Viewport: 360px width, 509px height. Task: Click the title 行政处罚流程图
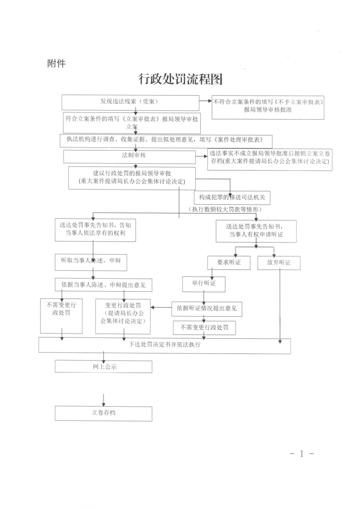pyautogui.click(x=181, y=79)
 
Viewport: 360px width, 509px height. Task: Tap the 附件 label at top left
pyautogui.click(x=56, y=64)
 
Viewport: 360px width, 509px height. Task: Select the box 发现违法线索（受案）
pyautogui.click(x=130, y=103)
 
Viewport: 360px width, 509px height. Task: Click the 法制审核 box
pyautogui.click(x=129, y=157)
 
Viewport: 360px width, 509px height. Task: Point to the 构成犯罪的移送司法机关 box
pyautogui.click(x=232, y=198)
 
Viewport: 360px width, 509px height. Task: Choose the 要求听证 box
pyautogui.click(x=229, y=263)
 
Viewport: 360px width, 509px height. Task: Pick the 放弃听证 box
pyautogui.click(x=279, y=263)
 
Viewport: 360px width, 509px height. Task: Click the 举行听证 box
pyautogui.click(x=203, y=284)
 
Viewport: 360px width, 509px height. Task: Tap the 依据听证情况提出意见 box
pyautogui.click(x=207, y=309)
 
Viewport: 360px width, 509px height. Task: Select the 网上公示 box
pyautogui.click(x=103, y=367)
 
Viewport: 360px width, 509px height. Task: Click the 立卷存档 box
pyautogui.click(x=103, y=413)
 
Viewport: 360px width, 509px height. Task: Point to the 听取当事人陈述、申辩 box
pyautogui.click(x=91, y=262)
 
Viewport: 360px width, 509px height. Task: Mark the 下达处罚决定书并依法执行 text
pyautogui.click(x=165, y=345)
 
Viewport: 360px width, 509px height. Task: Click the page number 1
pyautogui.click(x=301, y=454)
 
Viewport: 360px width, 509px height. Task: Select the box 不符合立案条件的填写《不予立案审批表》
pyautogui.click(x=268, y=107)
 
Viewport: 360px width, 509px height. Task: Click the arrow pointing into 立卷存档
pyautogui.click(x=104, y=400)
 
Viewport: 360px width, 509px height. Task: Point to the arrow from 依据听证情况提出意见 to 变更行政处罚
pyautogui.click(x=161, y=307)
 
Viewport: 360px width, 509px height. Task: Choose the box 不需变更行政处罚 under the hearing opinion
pyautogui.click(x=204, y=328)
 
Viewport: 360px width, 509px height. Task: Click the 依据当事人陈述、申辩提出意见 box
pyautogui.click(x=103, y=285)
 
